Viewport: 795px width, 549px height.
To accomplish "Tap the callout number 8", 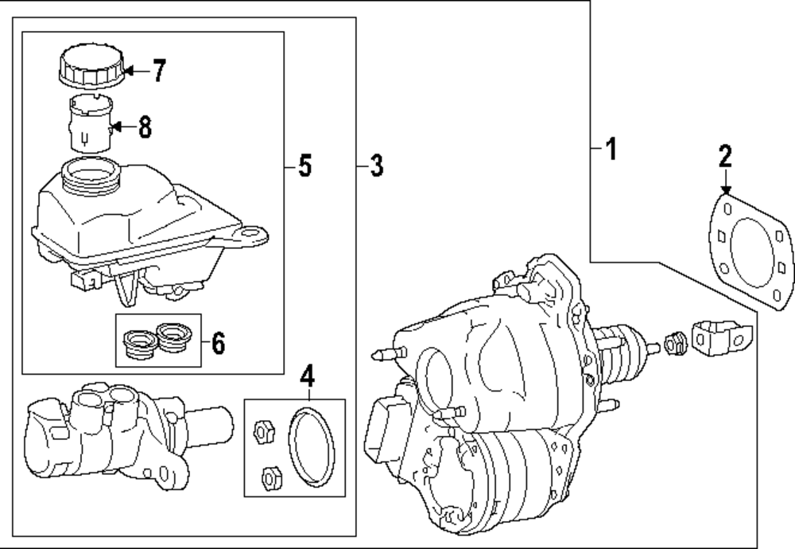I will tap(144, 127).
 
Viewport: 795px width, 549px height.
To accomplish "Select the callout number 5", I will tap(304, 166).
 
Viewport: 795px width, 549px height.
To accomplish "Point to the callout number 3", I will tap(376, 166).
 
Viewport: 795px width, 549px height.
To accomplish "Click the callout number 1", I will tap(610, 149).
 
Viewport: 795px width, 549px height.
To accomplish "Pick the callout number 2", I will tap(724, 157).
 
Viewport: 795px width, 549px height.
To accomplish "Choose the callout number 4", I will tap(307, 374).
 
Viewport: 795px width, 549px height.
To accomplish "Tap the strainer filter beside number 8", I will tap(88, 123).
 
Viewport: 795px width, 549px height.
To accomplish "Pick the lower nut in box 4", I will tap(270, 477).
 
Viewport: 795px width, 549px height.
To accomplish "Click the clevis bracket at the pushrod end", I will tap(721, 340).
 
